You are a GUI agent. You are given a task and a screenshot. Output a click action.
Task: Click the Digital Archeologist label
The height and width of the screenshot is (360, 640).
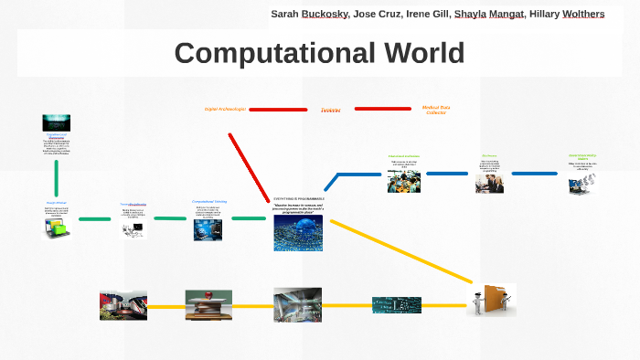point(225,109)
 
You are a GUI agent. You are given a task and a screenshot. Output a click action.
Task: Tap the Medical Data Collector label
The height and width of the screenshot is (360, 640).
point(435,110)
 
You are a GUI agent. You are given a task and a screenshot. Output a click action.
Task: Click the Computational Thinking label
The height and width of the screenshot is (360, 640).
point(208,201)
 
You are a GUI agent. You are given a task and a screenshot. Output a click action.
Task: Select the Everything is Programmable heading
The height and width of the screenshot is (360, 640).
point(299,197)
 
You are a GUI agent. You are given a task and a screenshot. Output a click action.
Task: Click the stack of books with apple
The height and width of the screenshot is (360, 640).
point(208,304)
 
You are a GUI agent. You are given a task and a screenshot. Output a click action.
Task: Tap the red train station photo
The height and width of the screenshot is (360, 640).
point(123,304)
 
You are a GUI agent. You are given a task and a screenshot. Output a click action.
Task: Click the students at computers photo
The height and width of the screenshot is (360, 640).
point(403,179)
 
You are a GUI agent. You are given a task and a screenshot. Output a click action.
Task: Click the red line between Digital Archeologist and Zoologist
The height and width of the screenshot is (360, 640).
point(278,110)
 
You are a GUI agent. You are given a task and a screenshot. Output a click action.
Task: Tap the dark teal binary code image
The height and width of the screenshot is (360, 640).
point(397,304)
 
